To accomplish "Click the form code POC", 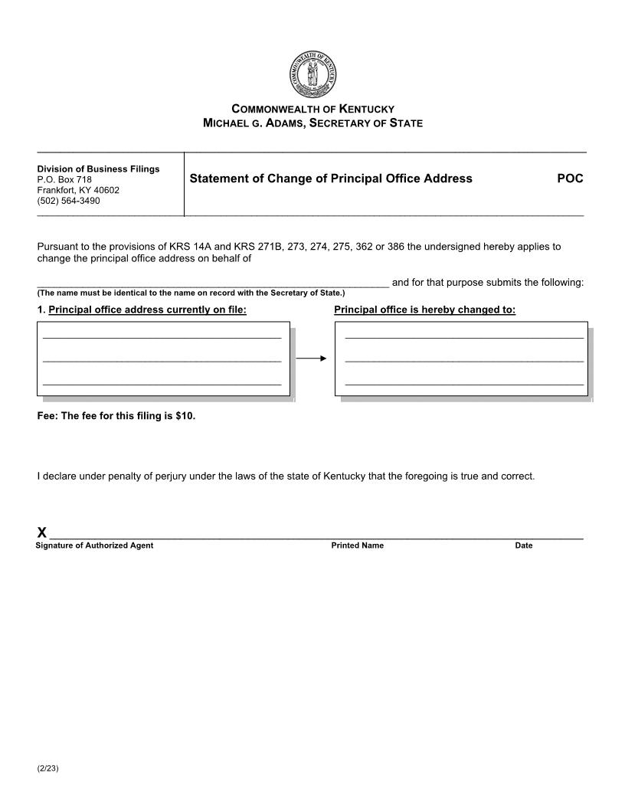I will (570, 179).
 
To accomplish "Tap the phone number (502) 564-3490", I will (68, 201).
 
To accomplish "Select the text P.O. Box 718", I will (64, 179).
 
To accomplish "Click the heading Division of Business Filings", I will (98, 169).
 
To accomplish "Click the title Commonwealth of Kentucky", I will (312, 109).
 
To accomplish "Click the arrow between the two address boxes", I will (312, 358).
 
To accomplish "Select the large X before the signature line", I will (42, 532).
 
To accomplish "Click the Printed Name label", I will (357, 545).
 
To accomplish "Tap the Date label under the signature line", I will (523, 545).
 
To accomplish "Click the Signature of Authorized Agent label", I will (94, 545).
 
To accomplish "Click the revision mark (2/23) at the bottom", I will (47, 768).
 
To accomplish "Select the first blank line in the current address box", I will (162, 336).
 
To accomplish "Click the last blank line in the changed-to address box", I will (464, 383).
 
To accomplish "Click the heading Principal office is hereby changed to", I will (424, 310).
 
